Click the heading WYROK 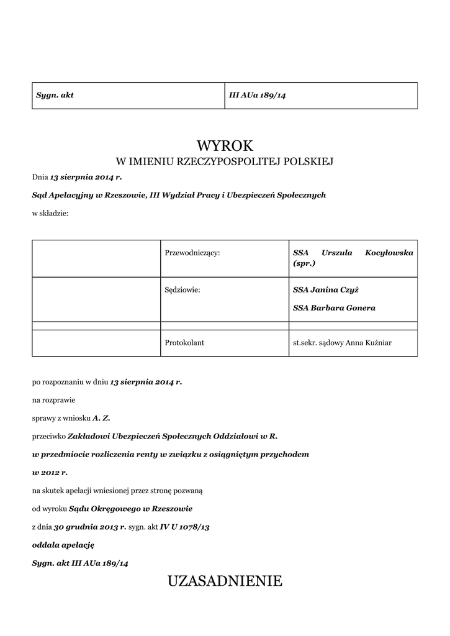pyautogui.click(x=225, y=146)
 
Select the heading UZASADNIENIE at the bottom pyautogui.click(x=225, y=581)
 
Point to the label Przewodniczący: pyautogui.click(x=192, y=253)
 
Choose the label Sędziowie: pyautogui.click(x=183, y=289)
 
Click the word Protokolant pyautogui.click(x=185, y=342)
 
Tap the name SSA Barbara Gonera pyautogui.click(x=334, y=307)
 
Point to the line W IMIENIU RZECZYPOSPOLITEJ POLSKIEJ pyautogui.click(x=225, y=162)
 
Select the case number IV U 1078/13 pyautogui.click(x=184, y=527)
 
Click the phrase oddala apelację pyautogui.click(x=63, y=545)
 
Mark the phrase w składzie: pyautogui.click(x=50, y=213)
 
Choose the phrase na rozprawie pyautogui.click(x=53, y=401)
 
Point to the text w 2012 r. pyautogui.click(x=50, y=473)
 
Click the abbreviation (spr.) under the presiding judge pyautogui.click(x=304, y=264)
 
